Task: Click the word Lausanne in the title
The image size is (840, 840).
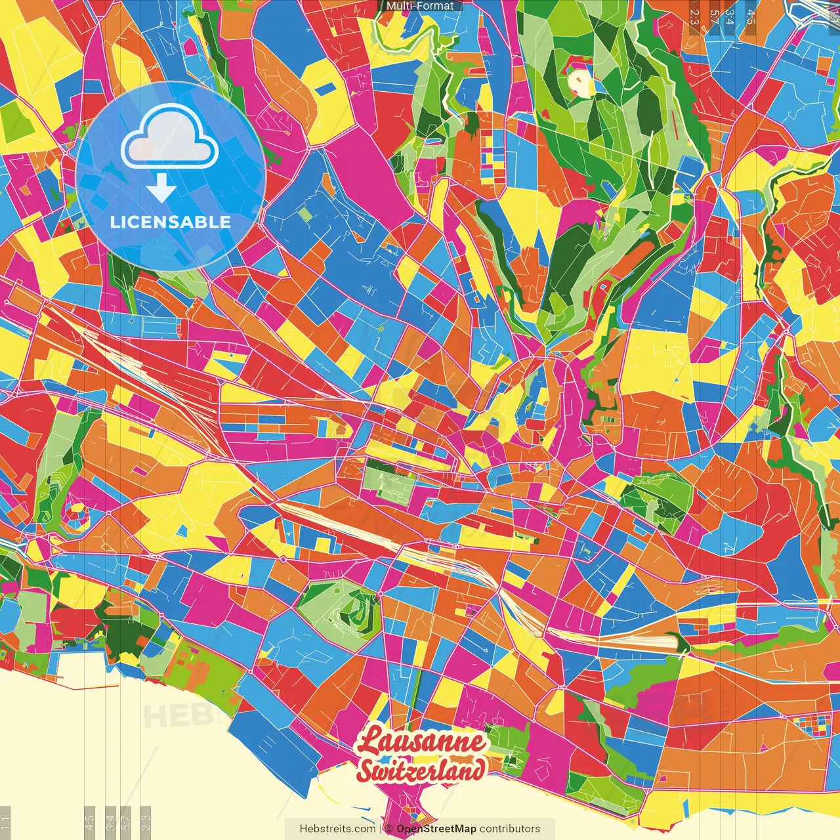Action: pos(421,742)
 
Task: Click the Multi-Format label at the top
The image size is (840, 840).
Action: pos(420,6)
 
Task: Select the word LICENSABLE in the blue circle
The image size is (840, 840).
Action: pos(171,222)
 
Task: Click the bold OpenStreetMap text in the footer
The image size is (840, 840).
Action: pos(436,829)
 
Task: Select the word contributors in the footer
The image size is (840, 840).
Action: pos(510,829)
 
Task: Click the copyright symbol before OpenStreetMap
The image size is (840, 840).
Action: pos(389,829)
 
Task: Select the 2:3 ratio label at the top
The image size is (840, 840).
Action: pos(694,16)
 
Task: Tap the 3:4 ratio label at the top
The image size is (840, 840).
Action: pos(730,16)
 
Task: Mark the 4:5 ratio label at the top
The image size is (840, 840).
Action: pos(750,16)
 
